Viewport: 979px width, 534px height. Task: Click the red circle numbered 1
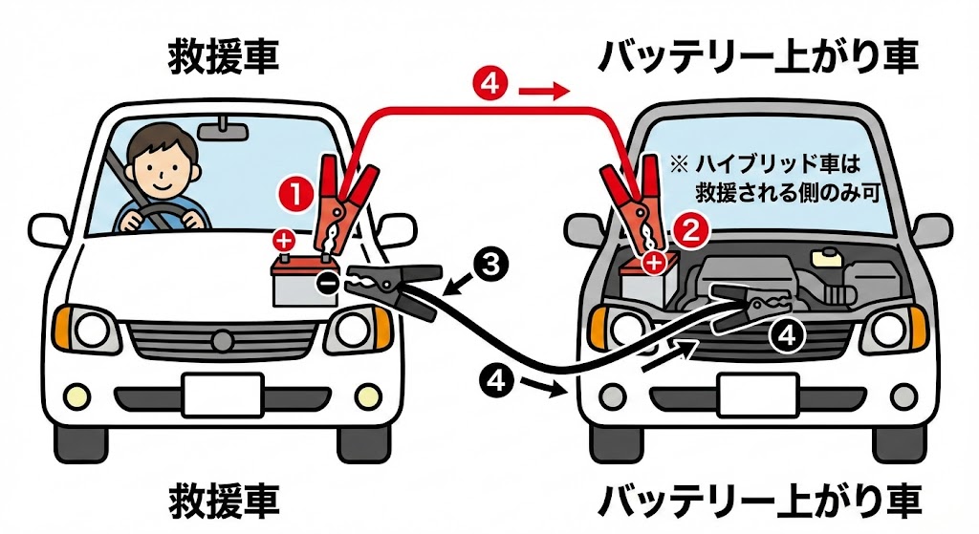click(x=295, y=195)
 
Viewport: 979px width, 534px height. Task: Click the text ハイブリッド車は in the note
click(x=772, y=163)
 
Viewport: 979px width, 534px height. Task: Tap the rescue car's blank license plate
click(x=223, y=395)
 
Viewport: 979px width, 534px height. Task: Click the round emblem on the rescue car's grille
click(x=221, y=338)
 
